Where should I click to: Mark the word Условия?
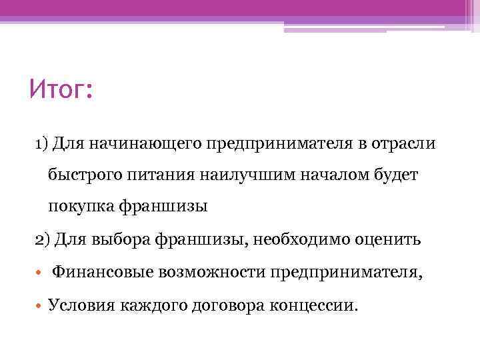point(81,305)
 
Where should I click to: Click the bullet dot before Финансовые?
point(39,272)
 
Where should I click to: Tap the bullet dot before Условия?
point(39,305)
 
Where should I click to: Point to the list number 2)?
point(42,239)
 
